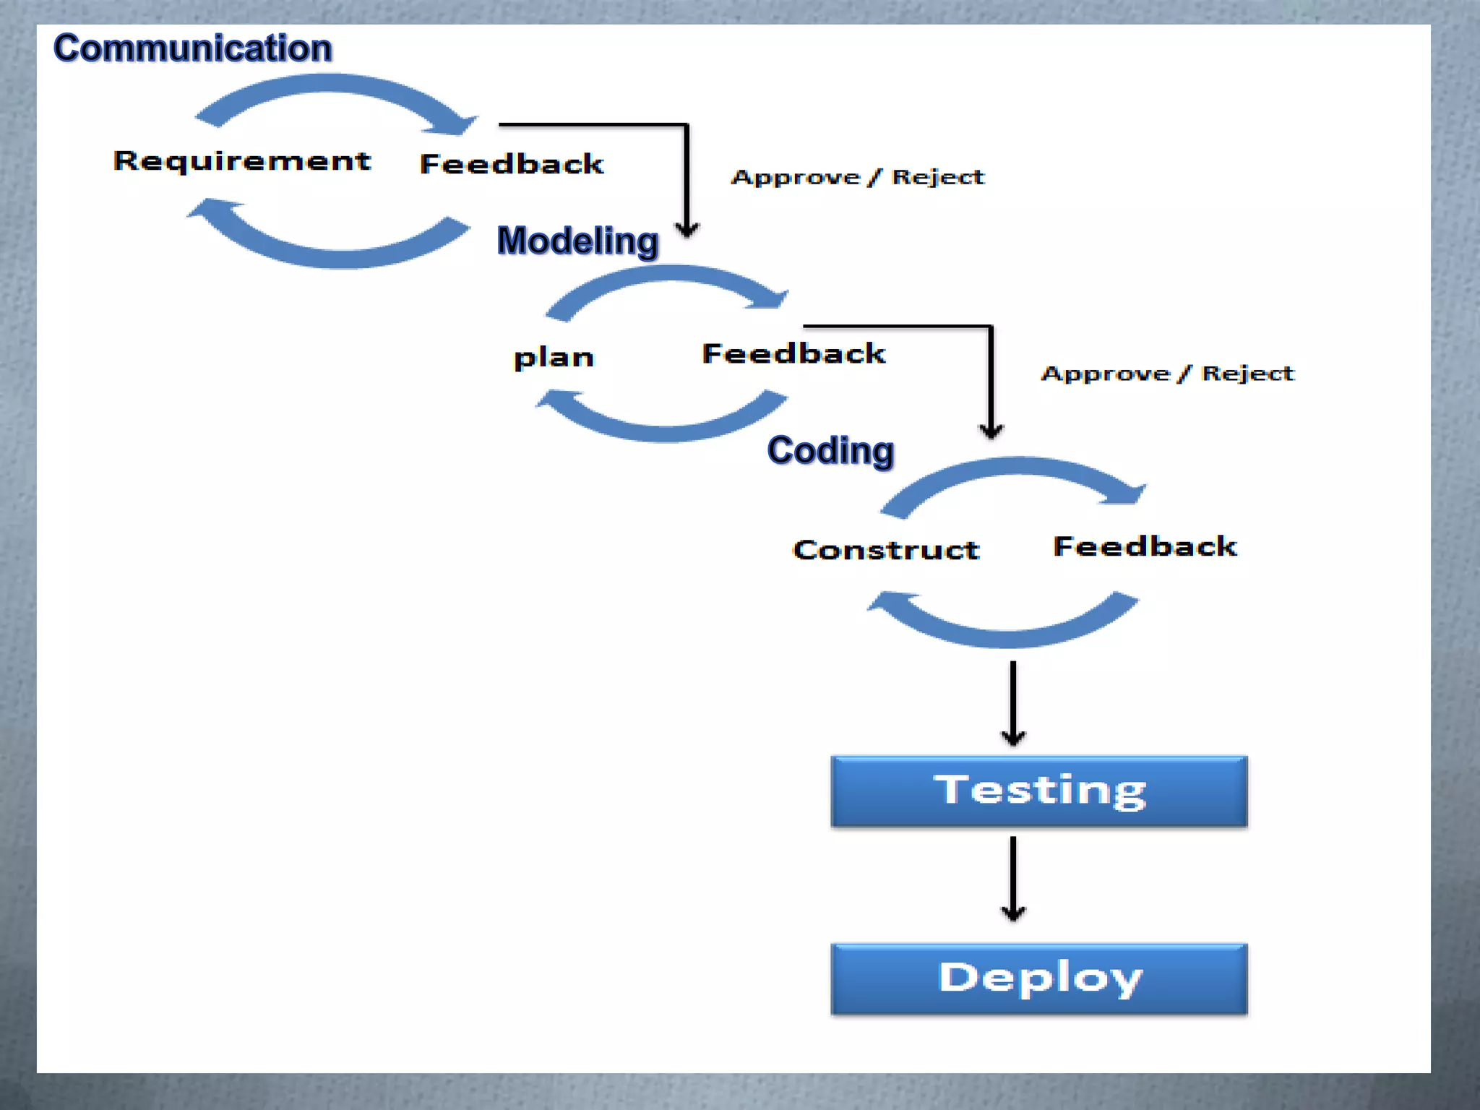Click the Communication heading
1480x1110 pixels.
tap(192, 48)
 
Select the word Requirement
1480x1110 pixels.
tap(242, 161)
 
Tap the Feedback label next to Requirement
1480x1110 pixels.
tap(512, 164)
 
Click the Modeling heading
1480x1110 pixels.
tap(577, 241)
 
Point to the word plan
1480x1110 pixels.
tap(554, 358)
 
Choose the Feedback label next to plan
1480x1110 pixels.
tap(793, 353)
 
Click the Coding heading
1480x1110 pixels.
tap(830, 450)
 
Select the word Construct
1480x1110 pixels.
tap(886, 550)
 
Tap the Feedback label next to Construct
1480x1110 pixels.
tap(1145, 546)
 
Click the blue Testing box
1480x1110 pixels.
tap(1038, 791)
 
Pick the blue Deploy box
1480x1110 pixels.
tap(1038, 978)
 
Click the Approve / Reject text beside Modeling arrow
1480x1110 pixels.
tap(858, 177)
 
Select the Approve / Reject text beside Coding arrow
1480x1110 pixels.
tap(1167, 374)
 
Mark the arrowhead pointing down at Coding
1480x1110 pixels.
tap(991, 431)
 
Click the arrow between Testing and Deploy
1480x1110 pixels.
tap(1013, 878)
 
